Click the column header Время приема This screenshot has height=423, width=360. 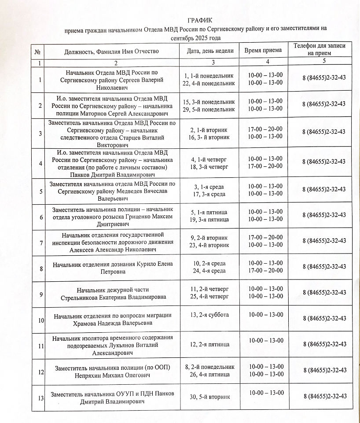[263, 50]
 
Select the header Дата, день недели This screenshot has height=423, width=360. [210, 51]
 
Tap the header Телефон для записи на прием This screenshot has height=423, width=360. [323, 49]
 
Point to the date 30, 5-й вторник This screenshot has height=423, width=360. [209, 397]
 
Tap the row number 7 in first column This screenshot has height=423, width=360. [40, 243]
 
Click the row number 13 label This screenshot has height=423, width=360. [40, 398]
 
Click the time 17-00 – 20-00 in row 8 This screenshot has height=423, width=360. [265, 270]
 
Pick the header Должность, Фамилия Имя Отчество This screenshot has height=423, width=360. [111, 51]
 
